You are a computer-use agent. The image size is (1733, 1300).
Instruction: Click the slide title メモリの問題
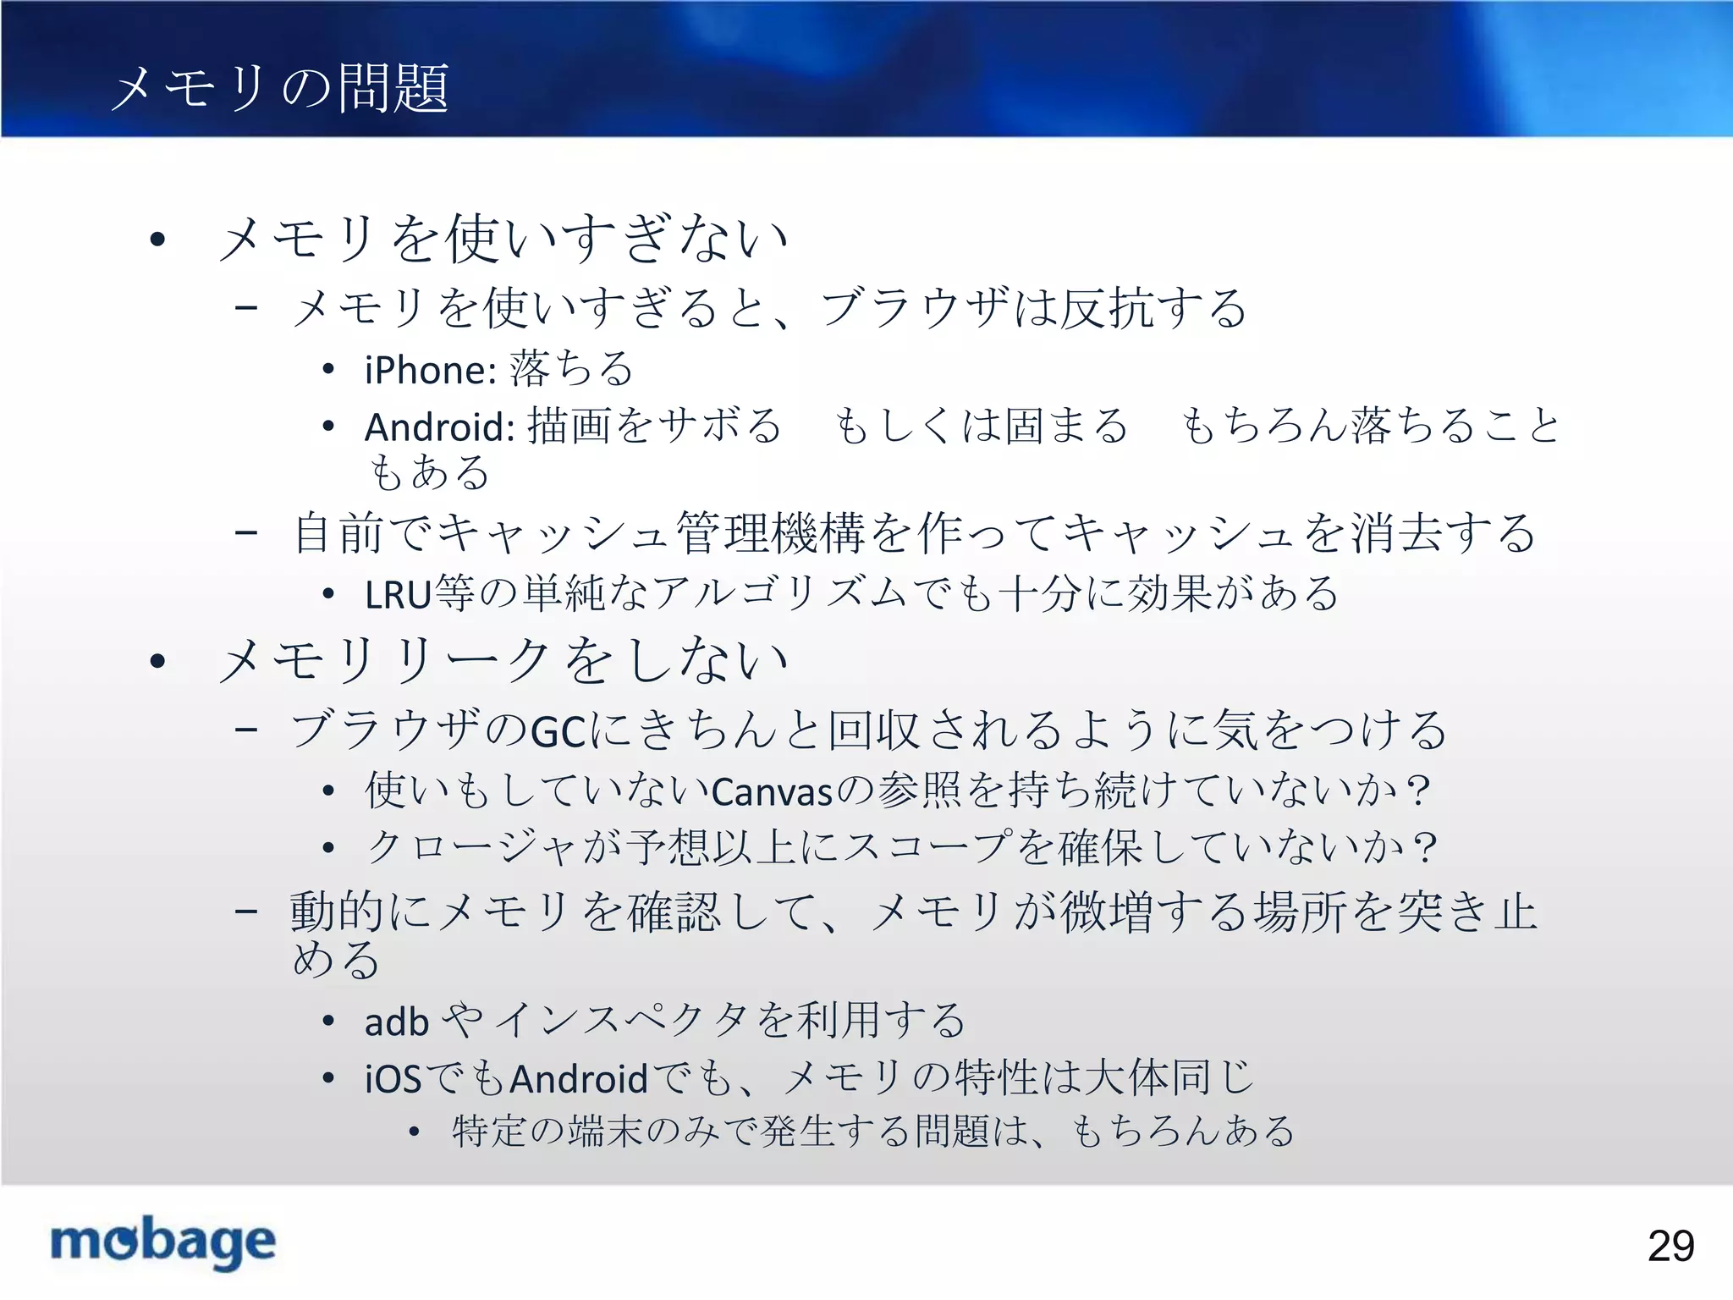(x=279, y=88)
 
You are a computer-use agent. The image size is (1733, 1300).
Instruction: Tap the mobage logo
(x=163, y=1242)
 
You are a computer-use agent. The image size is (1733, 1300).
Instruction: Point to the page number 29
(x=1670, y=1246)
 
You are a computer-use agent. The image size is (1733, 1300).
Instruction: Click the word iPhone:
(x=430, y=371)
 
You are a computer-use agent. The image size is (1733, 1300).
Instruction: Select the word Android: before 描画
(x=439, y=427)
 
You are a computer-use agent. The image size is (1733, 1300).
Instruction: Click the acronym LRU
(x=398, y=595)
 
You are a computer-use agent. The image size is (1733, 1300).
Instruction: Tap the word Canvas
(x=773, y=792)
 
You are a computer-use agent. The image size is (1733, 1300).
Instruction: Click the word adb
(x=396, y=1022)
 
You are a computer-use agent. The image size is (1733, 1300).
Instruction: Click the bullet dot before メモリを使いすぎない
(x=157, y=240)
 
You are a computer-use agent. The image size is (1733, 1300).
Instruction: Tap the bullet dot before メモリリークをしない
(x=157, y=661)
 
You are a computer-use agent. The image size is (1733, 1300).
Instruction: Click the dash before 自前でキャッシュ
(x=246, y=533)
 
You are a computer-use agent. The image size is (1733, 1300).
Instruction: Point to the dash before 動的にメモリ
(x=246, y=912)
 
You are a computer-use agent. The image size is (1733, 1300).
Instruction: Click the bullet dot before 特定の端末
(x=414, y=1132)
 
